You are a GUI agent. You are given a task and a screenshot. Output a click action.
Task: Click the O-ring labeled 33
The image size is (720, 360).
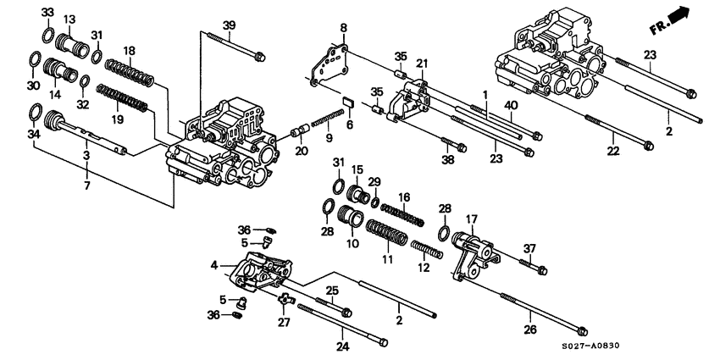[49, 35]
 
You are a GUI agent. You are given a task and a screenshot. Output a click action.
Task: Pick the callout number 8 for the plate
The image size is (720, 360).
[344, 28]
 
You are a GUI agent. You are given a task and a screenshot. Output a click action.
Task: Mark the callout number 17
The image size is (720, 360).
[471, 219]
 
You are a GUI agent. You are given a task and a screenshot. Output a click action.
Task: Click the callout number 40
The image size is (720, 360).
[510, 104]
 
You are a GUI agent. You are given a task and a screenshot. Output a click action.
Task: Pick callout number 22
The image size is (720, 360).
[612, 151]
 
